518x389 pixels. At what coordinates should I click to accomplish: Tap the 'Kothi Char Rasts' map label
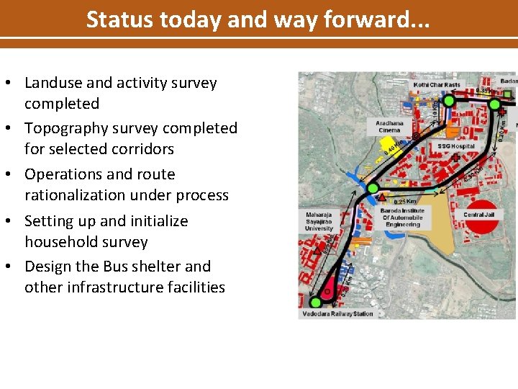click(437, 85)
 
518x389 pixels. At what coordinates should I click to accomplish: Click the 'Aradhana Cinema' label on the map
click(389, 127)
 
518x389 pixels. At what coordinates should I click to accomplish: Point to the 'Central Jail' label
click(483, 214)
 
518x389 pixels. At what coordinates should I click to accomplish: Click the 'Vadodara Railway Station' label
click(337, 314)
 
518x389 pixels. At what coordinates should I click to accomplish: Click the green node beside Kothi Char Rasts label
click(449, 102)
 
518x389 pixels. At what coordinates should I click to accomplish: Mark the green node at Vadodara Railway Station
click(315, 301)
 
